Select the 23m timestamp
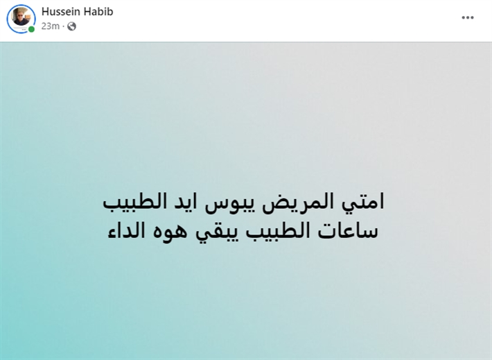[50, 26]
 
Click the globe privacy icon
[71, 26]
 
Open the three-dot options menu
[468, 17]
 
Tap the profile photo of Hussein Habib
[21, 18]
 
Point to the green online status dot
[31, 30]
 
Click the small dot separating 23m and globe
[63, 26]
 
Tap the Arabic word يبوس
[229, 204]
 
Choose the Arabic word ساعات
[349, 232]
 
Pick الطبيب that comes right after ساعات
[279, 231]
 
